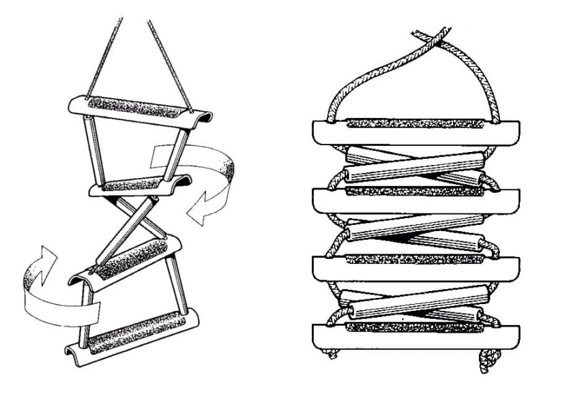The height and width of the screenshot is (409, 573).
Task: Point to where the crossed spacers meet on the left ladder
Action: coord(136,218)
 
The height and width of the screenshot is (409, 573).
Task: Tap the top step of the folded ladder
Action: coord(416,132)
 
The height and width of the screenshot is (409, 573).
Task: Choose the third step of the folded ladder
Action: coord(416,267)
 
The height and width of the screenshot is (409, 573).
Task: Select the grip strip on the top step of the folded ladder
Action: coord(416,123)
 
